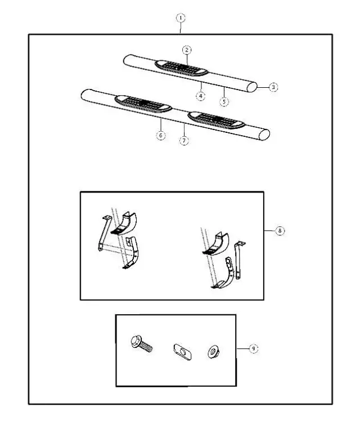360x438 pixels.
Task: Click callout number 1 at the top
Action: tap(180, 17)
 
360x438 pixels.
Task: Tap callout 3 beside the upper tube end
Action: tap(273, 87)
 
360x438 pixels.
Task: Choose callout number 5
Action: tap(224, 102)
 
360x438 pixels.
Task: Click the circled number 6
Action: tap(161, 136)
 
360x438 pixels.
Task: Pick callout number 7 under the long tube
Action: tap(184, 141)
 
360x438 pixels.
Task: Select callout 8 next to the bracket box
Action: tap(280, 231)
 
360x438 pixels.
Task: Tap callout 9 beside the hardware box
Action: tap(254, 348)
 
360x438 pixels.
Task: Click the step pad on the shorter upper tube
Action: tap(182, 68)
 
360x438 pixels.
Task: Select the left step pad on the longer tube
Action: tap(142, 103)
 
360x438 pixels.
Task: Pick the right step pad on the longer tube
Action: tap(217, 119)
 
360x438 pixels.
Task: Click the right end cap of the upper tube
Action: tap(253, 87)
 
